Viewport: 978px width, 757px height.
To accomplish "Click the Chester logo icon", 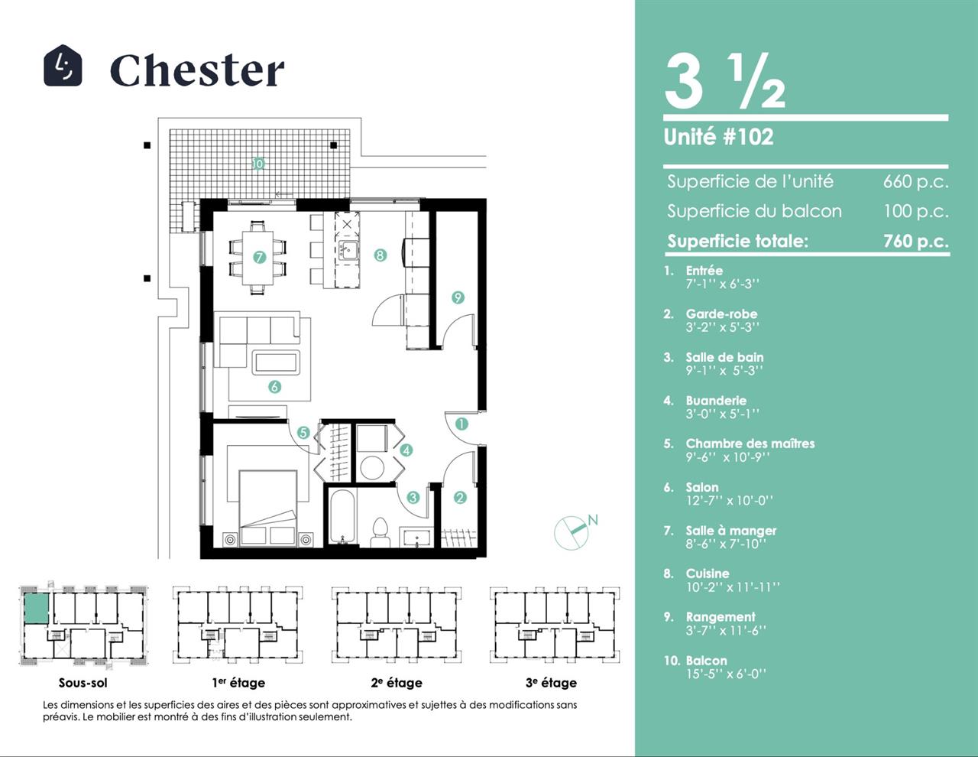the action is coord(63,65).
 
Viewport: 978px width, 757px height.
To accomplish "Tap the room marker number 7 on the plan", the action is coord(259,257).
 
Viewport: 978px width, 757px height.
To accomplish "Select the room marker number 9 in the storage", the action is coord(457,297).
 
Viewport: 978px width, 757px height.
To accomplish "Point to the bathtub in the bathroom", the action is coord(342,517).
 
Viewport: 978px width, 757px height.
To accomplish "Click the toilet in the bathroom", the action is coord(381,532).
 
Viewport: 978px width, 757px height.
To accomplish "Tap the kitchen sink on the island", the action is coord(348,249).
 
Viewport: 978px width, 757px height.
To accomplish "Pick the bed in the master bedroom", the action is coord(267,508).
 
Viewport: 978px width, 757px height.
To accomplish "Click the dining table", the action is coord(257,258).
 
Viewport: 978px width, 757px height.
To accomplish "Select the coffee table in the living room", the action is coord(276,362).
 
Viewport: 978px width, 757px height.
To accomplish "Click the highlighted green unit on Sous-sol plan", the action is coord(36,609).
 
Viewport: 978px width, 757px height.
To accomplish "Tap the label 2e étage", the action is coord(397,683).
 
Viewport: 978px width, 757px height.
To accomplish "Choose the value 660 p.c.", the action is coord(915,181).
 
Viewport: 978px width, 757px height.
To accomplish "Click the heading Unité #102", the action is coord(718,137).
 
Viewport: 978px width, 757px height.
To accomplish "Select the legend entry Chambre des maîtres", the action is coord(750,443).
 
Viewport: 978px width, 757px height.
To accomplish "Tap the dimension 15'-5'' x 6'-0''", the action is coord(726,674).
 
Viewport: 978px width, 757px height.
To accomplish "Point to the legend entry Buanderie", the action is coord(716,401).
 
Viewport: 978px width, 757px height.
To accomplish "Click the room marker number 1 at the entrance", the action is coord(461,424).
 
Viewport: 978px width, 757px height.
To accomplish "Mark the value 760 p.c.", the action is coord(916,242).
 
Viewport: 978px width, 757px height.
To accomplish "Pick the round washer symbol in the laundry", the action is coord(372,467).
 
